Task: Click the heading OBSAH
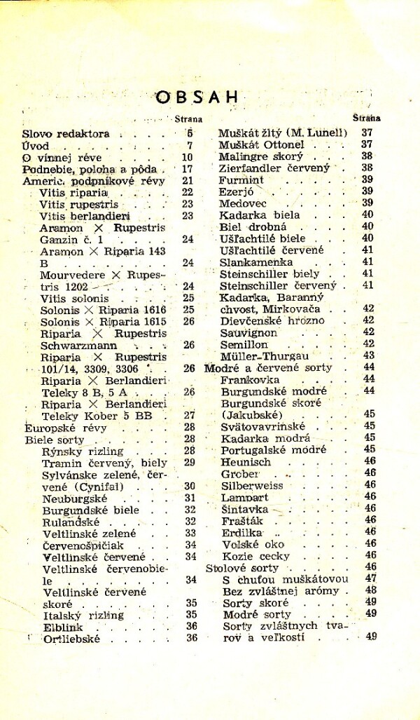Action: (x=187, y=97)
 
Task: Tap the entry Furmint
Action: (x=239, y=179)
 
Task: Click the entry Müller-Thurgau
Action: (x=265, y=355)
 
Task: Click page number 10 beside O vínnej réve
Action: (x=187, y=157)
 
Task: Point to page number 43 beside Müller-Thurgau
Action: (x=369, y=355)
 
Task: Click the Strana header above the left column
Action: (x=188, y=119)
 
